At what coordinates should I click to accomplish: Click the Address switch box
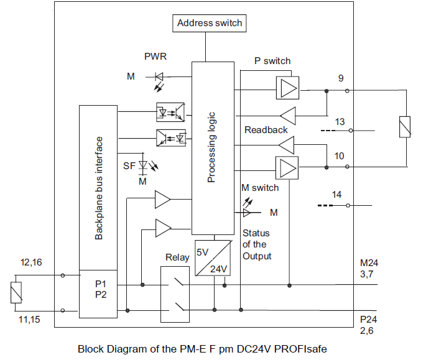click(x=210, y=24)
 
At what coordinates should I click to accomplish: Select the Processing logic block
click(x=212, y=147)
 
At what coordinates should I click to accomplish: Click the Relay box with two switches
click(x=176, y=292)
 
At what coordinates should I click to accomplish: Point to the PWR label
click(x=155, y=57)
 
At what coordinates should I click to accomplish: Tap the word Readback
click(x=266, y=130)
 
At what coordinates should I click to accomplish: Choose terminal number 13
click(x=340, y=122)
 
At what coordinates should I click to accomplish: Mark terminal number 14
click(x=336, y=195)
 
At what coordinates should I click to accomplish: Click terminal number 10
click(x=339, y=155)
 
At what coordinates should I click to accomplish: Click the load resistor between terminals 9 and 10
click(x=404, y=127)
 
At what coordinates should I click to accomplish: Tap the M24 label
click(x=369, y=263)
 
